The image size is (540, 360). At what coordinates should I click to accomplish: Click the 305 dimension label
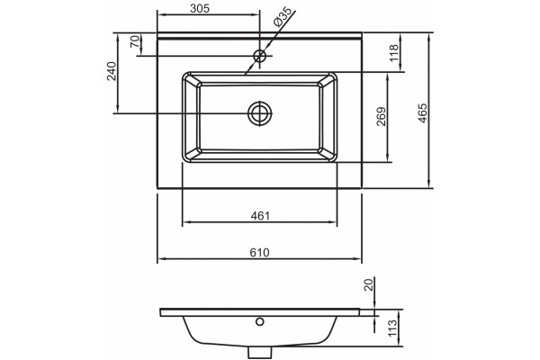click(200, 8)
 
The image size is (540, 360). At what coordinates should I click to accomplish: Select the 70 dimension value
click(136, 41)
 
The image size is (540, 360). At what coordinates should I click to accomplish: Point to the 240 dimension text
click(112, 71)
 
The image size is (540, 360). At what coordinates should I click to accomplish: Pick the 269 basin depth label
click(382, 117)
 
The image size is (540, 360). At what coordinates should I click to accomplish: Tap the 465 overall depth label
click(423, 113)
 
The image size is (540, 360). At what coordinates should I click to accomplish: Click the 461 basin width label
click(260, 216)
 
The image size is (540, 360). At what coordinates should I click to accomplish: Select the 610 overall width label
click(260, 253)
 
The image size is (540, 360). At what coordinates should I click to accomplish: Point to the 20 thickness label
click(369, 285)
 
